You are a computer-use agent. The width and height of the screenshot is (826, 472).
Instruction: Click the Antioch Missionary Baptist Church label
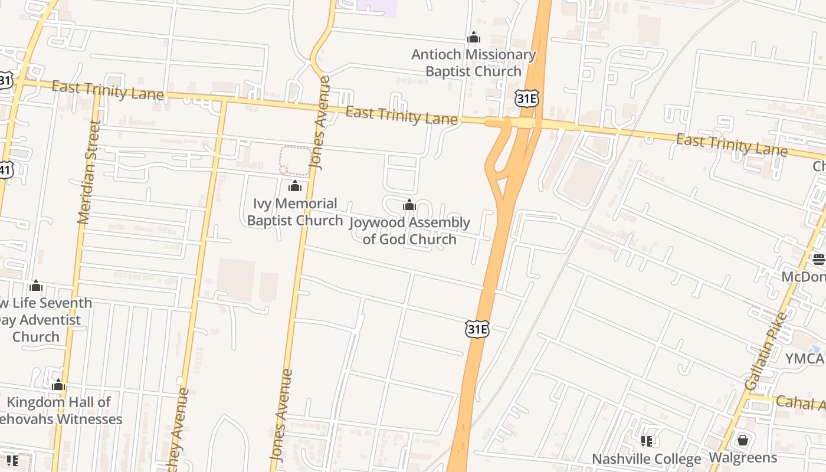coord(474,63)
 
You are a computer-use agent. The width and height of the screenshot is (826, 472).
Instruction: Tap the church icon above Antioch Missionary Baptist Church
coord(474,38)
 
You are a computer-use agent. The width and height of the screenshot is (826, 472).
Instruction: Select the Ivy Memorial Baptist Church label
coord(295,212)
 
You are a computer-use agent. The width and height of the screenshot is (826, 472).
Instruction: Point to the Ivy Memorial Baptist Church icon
coord(295,187)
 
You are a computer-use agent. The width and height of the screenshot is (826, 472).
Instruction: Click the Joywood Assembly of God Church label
coord(409,231)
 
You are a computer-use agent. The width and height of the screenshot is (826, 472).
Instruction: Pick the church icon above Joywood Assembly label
coord(409,205)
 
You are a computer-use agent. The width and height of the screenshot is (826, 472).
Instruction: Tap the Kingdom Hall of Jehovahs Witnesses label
coord(59,411)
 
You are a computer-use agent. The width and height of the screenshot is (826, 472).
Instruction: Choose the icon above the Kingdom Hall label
coord(58,386)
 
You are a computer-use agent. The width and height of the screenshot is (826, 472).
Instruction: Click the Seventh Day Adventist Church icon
coord(37,286)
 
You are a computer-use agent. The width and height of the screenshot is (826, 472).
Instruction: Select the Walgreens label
coord(743,458)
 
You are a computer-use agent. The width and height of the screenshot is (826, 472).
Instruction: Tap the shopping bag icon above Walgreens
coord(743,440)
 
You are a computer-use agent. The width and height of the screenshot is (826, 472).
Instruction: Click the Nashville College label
coord(647,459)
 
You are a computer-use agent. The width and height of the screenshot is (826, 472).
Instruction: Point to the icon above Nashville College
coord(647,441)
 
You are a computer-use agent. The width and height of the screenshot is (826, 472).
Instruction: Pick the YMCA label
coord(805,359)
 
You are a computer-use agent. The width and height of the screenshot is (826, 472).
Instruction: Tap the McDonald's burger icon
coord(818,259)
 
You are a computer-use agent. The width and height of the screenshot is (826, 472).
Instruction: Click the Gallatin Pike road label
coord(766,351)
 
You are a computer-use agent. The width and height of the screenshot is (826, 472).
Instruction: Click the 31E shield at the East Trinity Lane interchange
coord(526,99)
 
